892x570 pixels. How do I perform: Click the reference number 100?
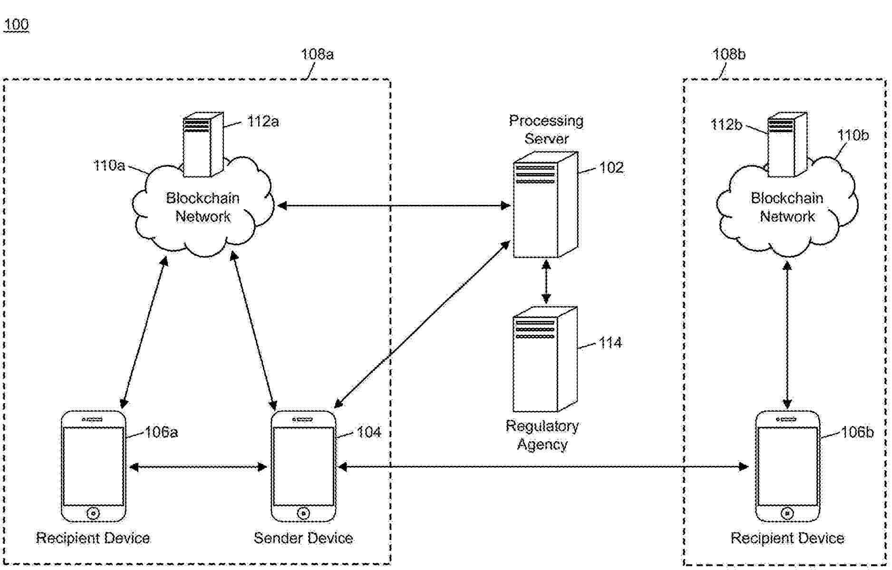pos(17,24)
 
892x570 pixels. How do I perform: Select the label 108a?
pos(317,54)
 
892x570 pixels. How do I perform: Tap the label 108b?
pos(728,54)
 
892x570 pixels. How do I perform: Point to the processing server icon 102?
pos(545,204)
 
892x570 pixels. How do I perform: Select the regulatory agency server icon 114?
pos(545,359)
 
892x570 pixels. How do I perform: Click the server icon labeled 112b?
pos(787,144)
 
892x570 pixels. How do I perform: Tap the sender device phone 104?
pos(303,466)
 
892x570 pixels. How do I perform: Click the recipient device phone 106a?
pos(94,466)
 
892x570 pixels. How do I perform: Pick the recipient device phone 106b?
pos(788,466)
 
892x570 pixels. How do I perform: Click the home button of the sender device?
pos(303,513)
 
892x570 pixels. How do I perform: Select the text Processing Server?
pos(546,129)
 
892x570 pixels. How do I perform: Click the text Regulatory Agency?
pos(542,435)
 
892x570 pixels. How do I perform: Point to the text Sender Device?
pos(303,538)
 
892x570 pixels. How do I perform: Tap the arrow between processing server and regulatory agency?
pos(546,281)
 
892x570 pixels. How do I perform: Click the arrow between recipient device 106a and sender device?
pos(198,467)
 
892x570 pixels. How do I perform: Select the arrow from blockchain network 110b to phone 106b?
pos(787,335)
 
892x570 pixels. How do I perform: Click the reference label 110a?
pos(109,165)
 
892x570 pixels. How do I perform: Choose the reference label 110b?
pos(853,135)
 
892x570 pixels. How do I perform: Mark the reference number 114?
pos(610,343)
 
